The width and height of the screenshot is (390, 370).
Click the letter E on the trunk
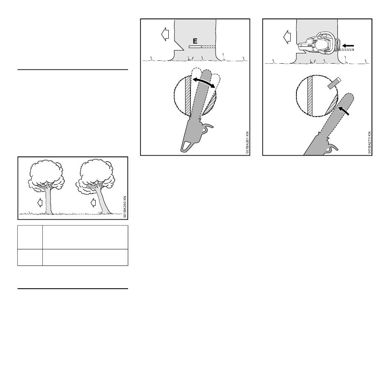[x=195, y=41]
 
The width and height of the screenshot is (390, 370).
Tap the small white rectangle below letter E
[x=195, y=47]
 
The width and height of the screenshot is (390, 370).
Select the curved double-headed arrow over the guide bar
[x=204, y=83]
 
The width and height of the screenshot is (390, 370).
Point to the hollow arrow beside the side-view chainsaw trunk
[x=287, y=37]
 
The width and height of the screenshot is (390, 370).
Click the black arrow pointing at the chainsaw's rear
[x=348, y=46]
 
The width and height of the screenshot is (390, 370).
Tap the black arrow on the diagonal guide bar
[x=344, y=111]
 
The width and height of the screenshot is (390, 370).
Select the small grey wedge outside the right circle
[x=334, y=83]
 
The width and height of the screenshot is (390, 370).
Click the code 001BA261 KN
[x=247, y=142]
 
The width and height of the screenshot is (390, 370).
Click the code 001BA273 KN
[x=369, y=142]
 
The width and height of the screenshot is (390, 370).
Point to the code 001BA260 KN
[x=125, y=207]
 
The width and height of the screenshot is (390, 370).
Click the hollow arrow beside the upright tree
[x=40, y=203]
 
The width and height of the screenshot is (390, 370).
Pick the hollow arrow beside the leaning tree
[x=93, y=202]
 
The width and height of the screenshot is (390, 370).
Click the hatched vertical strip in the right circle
[x=310, y=96]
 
